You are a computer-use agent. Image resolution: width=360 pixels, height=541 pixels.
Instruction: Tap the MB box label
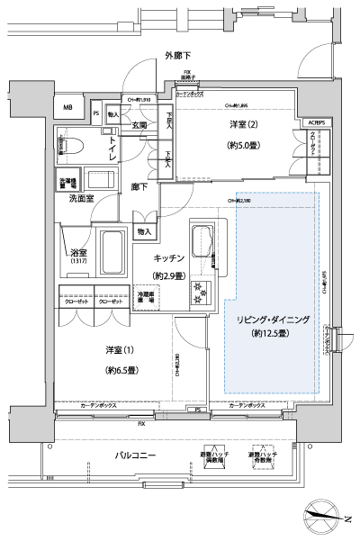click(68, 108)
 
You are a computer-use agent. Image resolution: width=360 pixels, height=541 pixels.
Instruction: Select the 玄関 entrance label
click(137, 125)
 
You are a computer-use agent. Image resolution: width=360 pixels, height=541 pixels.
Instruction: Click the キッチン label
click(168, 258)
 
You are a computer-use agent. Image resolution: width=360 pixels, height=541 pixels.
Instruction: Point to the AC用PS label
click(319, 122)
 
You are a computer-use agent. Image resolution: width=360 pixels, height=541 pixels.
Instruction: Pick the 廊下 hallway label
click(139, 188)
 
